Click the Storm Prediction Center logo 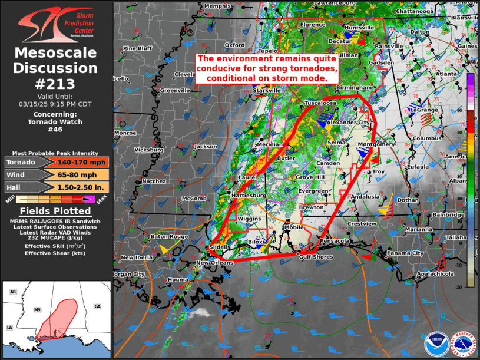coord(56,23)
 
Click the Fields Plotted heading coord(56,211)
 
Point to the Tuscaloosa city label coord(320,103)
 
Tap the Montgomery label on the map coord(376,144)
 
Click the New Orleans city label coord(215,263)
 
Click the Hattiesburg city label coord(250,195)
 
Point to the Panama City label coord(405,253)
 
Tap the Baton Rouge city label coord(169,236)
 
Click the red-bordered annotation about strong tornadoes coord(267,68)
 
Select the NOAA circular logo coord(435,345)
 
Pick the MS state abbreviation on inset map coord(37,309)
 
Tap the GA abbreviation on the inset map coord(97,306)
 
